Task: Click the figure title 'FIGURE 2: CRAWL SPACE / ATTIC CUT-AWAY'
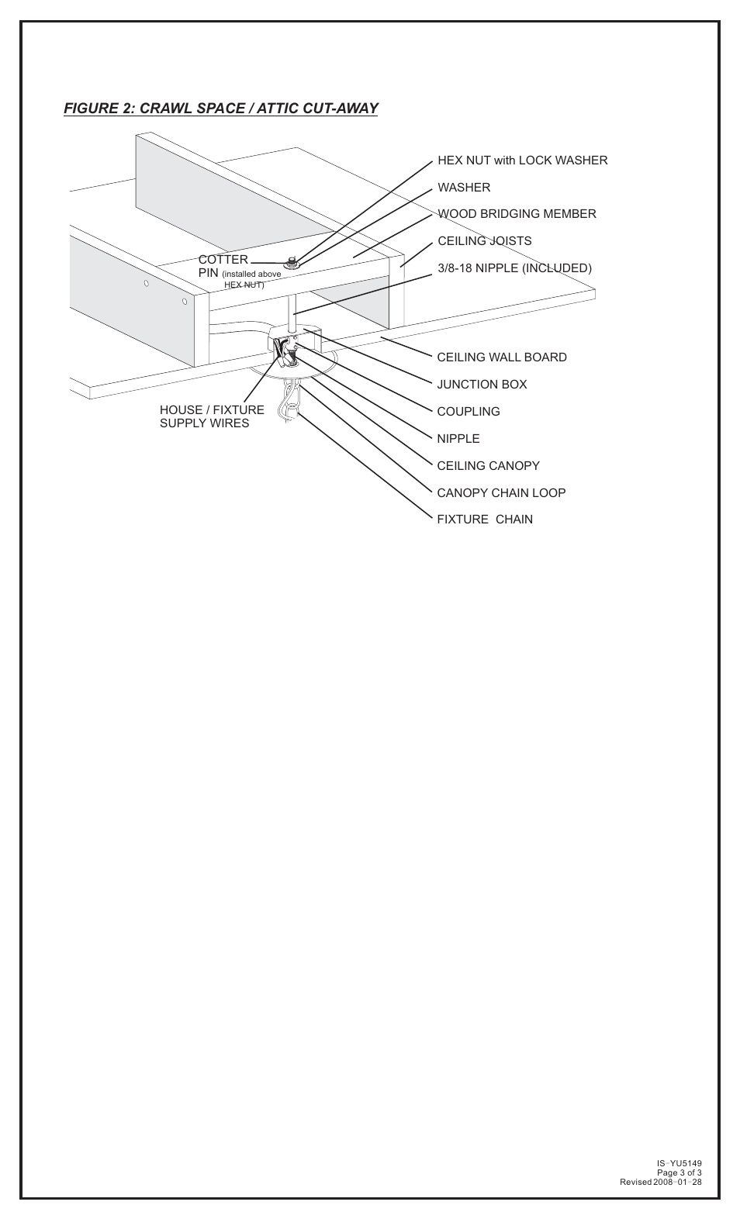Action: click(220, 109)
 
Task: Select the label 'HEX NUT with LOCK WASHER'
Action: click(522, 161)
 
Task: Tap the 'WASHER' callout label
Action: click(464, 188)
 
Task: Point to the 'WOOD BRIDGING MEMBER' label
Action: click(517, 214)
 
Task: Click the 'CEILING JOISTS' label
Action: click(484, 241)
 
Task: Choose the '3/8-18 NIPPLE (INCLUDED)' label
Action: click(514, 268)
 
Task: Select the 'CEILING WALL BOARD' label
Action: click(501, 357)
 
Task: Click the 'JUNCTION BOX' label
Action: click(481, 385)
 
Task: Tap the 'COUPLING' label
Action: click(468, 412)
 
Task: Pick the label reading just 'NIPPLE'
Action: click(458, 439)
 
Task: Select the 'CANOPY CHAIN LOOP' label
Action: click(501, 493)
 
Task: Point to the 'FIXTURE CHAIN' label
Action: click(484, 520)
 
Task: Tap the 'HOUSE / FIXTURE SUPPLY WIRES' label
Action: click(212, 416)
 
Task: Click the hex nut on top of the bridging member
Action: click(292, 262)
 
